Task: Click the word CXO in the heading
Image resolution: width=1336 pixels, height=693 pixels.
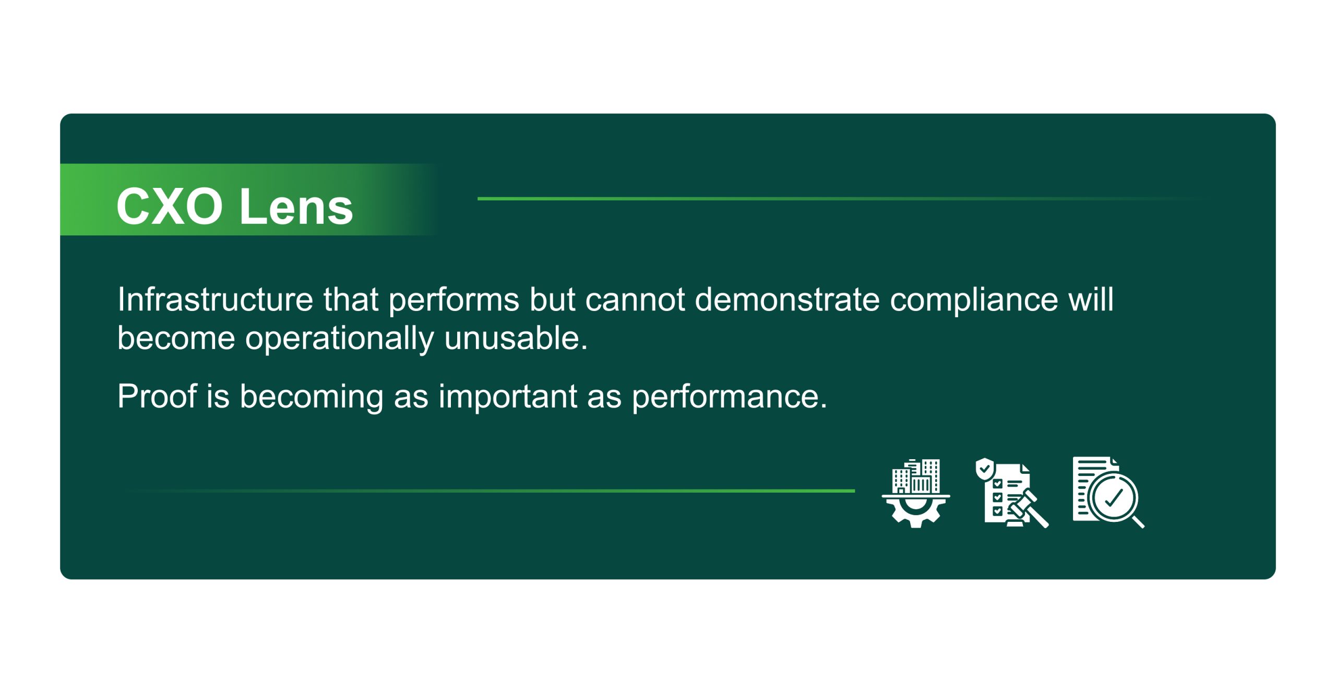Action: tap(170, 207)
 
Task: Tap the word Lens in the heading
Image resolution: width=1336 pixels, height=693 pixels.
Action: tap(296, 207)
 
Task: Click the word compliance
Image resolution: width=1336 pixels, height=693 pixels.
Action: tap(974, 301)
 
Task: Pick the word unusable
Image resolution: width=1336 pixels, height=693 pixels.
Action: tap(516, 338)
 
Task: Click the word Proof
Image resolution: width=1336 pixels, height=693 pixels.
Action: tap(157, 396)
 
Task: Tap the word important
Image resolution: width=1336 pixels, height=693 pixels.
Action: tap(507, 397)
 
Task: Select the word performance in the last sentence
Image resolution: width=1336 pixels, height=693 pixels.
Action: tap(729, 397)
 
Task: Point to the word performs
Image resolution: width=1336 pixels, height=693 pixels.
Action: tap(454, 301)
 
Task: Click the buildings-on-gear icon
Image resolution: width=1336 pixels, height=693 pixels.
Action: tap(916, 493)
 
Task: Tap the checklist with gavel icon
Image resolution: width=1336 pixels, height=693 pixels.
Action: tap(1011, 493)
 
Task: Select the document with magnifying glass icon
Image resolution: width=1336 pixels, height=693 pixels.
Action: tap(1108, 493)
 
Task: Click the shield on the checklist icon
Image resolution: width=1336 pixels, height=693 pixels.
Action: tap(985, 469)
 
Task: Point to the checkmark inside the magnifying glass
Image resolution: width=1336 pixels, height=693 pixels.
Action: tap(1114, 497)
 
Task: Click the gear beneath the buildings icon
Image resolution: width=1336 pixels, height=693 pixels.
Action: tap(916, 513)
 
